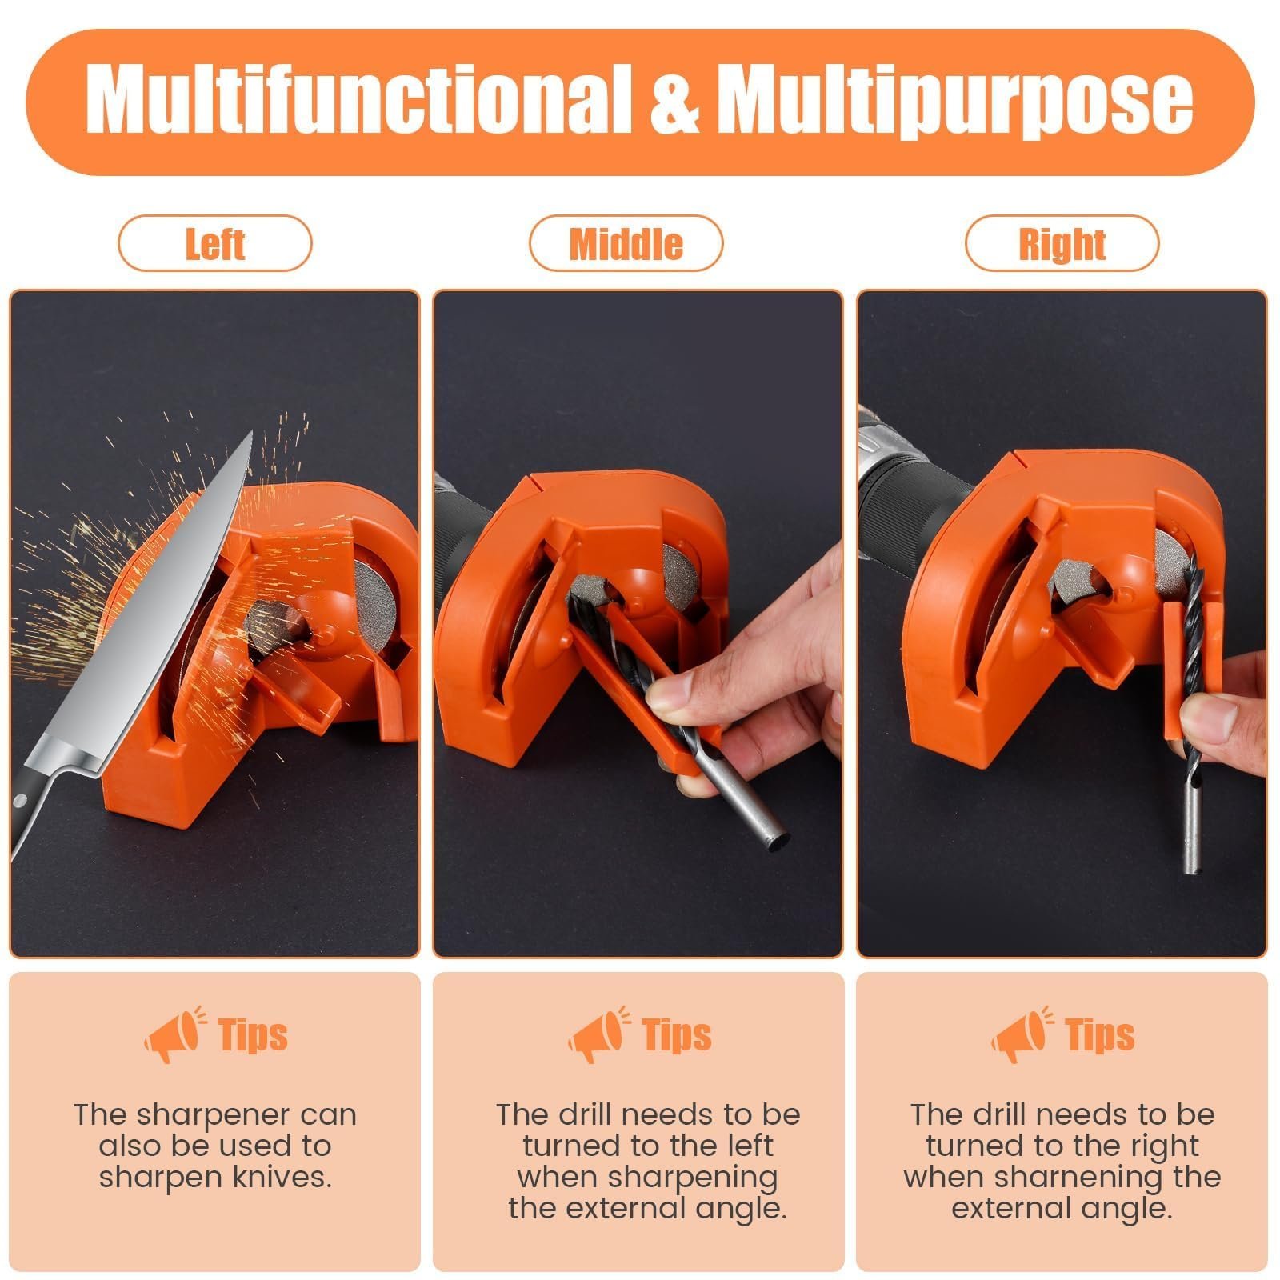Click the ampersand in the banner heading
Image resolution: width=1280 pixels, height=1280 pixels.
click(x=674, y=102)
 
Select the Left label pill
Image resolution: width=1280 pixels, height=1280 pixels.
click(x=214, y=243)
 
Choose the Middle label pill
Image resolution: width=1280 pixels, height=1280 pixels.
click(x=626, y=243)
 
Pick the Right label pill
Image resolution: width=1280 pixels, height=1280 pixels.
click(x=1062, y=243)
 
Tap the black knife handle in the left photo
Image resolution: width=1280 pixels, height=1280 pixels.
click(x=32, y=808)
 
